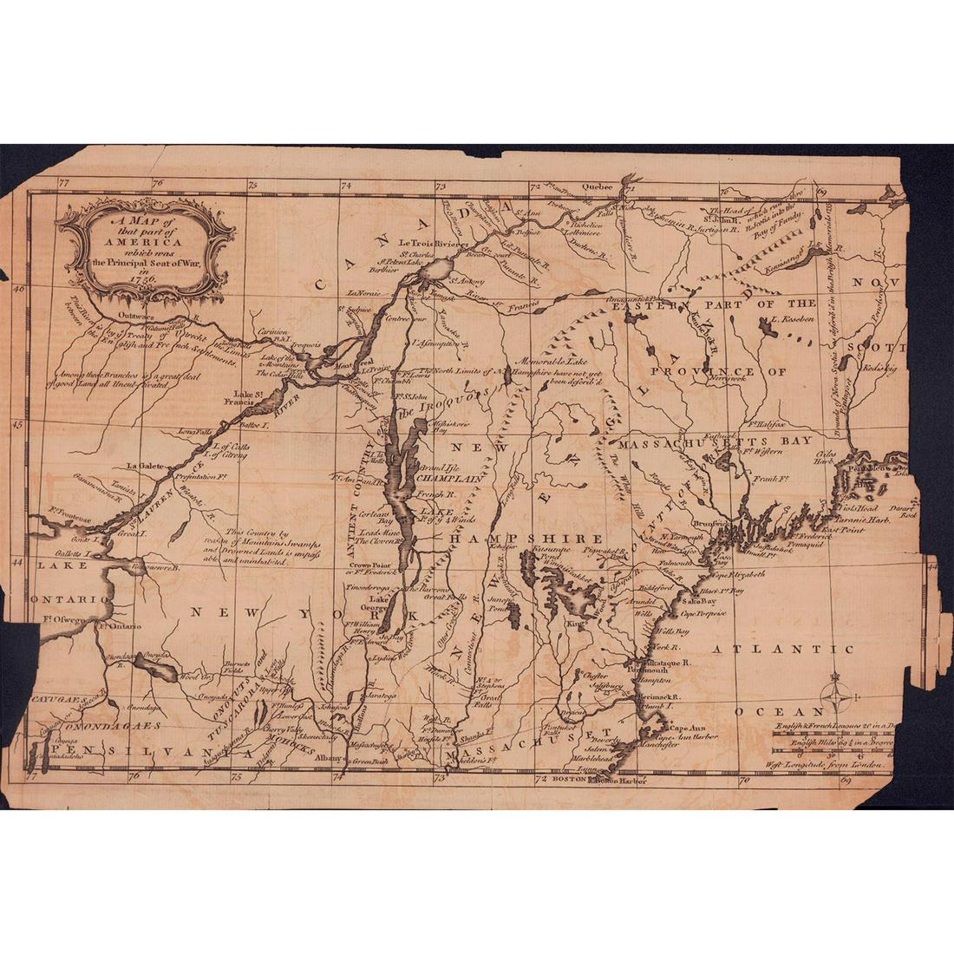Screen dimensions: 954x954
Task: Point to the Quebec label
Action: [596, 186]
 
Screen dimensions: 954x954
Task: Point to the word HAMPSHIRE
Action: [525, 539]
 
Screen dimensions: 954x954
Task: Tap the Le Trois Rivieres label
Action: [427, 244]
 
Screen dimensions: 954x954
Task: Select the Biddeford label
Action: [656, 587]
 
